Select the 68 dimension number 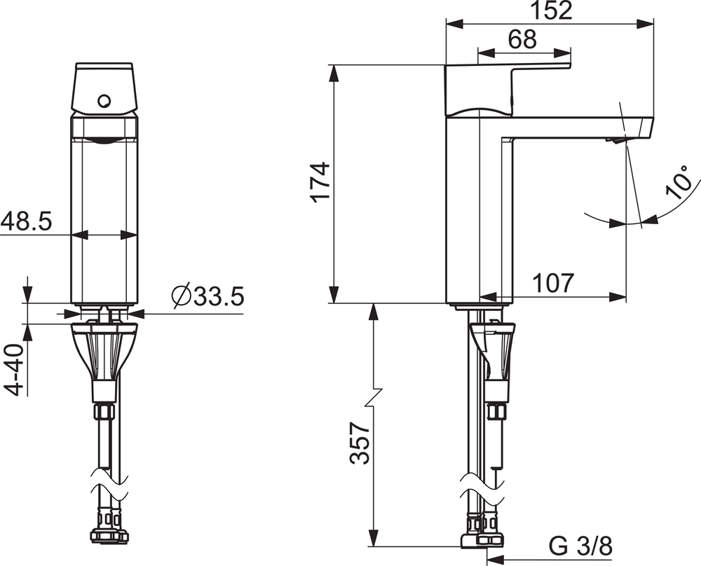click(x=522, y=39)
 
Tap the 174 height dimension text click(x=322, y=183)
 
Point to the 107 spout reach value click(x=552, y=282)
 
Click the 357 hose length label click(x=360, y=443)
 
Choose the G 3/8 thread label click(x=580, y=546)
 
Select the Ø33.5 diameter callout click(x=207, y=296)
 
